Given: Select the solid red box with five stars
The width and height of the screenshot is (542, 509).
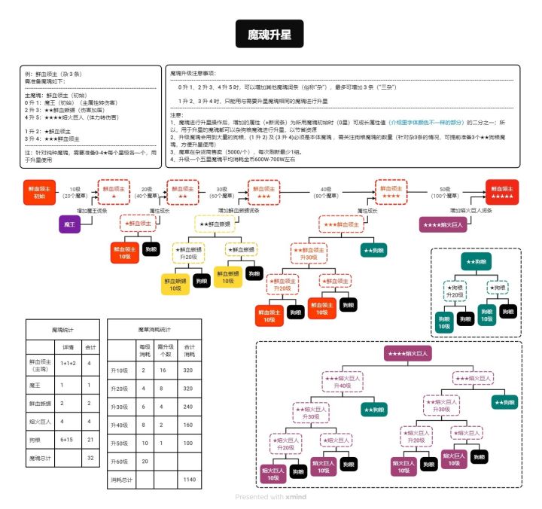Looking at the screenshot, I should point(502,193).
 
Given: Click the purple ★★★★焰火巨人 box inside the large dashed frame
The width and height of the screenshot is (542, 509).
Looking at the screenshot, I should point(407,353).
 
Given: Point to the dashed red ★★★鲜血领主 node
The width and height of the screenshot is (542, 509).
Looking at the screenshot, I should point(340,224).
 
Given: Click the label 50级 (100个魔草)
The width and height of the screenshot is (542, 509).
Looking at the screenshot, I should point(446,193).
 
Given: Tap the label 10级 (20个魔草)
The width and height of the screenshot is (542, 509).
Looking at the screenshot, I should point(75,193).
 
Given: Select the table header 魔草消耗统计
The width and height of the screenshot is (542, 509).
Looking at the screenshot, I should point(154,330).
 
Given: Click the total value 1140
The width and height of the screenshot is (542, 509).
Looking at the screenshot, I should point(189,479).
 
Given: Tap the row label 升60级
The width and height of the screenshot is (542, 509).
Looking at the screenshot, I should point(120,460).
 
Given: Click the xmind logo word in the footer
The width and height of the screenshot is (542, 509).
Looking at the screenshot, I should point(296,497).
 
